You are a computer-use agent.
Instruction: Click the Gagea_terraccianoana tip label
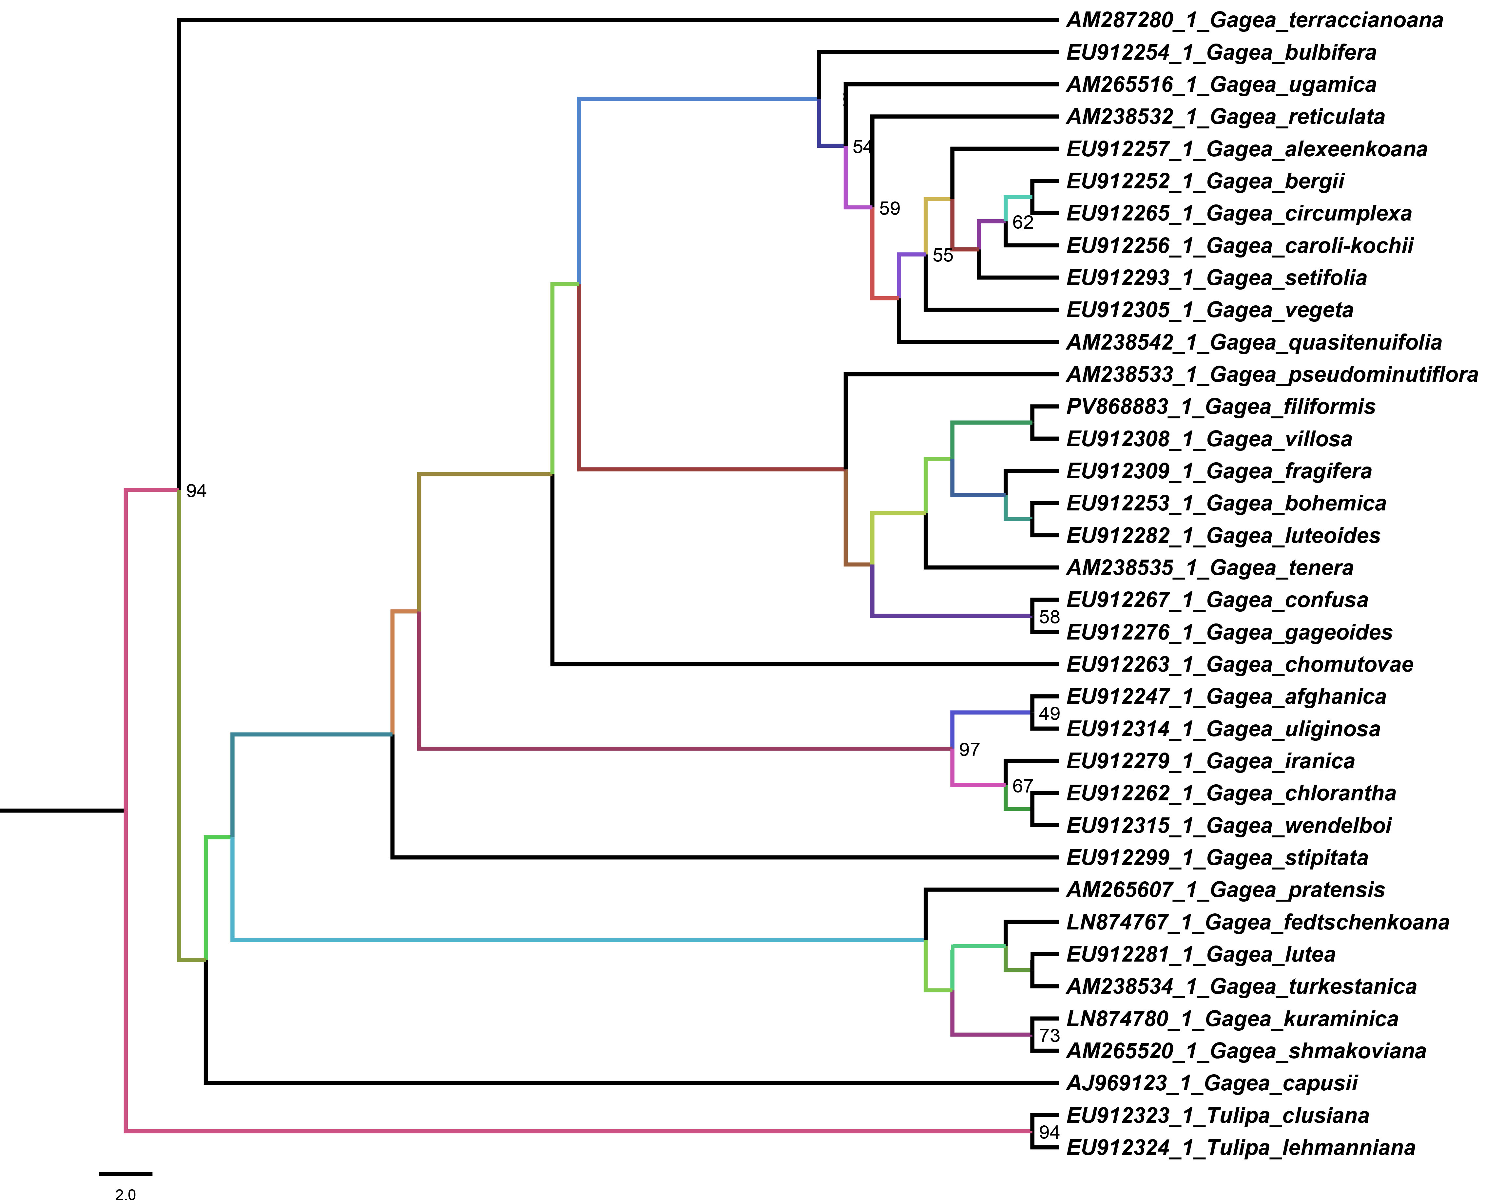click(x=1254, y=20)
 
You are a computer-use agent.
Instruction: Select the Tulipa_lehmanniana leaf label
click(x=1240, y=1148)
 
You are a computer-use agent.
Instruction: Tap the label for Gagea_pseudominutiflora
click(x=1271, y=375)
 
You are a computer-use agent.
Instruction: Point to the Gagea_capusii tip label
click(x=1211, y=1083)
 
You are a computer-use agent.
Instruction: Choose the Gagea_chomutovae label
click(x=1239, y=665)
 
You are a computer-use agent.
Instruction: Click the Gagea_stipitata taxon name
click(x=1217, y=858)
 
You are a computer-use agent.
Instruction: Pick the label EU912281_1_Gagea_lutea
click(x=1200, y=955)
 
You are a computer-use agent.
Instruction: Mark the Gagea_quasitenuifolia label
click(x=1253, y=343)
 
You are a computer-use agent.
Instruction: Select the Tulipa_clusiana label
click(x=1217, y=1116)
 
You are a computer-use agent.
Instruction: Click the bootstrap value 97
click(x=969, y=750)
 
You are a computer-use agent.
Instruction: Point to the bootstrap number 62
click(x=1022, y=223)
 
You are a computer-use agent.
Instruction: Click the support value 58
click(x=1050, y=617)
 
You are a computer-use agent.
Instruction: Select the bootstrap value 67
click(x=1022, y=786)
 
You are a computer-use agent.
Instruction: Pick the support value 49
click(x=1050, y=714)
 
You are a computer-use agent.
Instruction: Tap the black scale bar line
click(x=125, y=1174)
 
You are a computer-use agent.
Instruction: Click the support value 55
click(x=943, y=256)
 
